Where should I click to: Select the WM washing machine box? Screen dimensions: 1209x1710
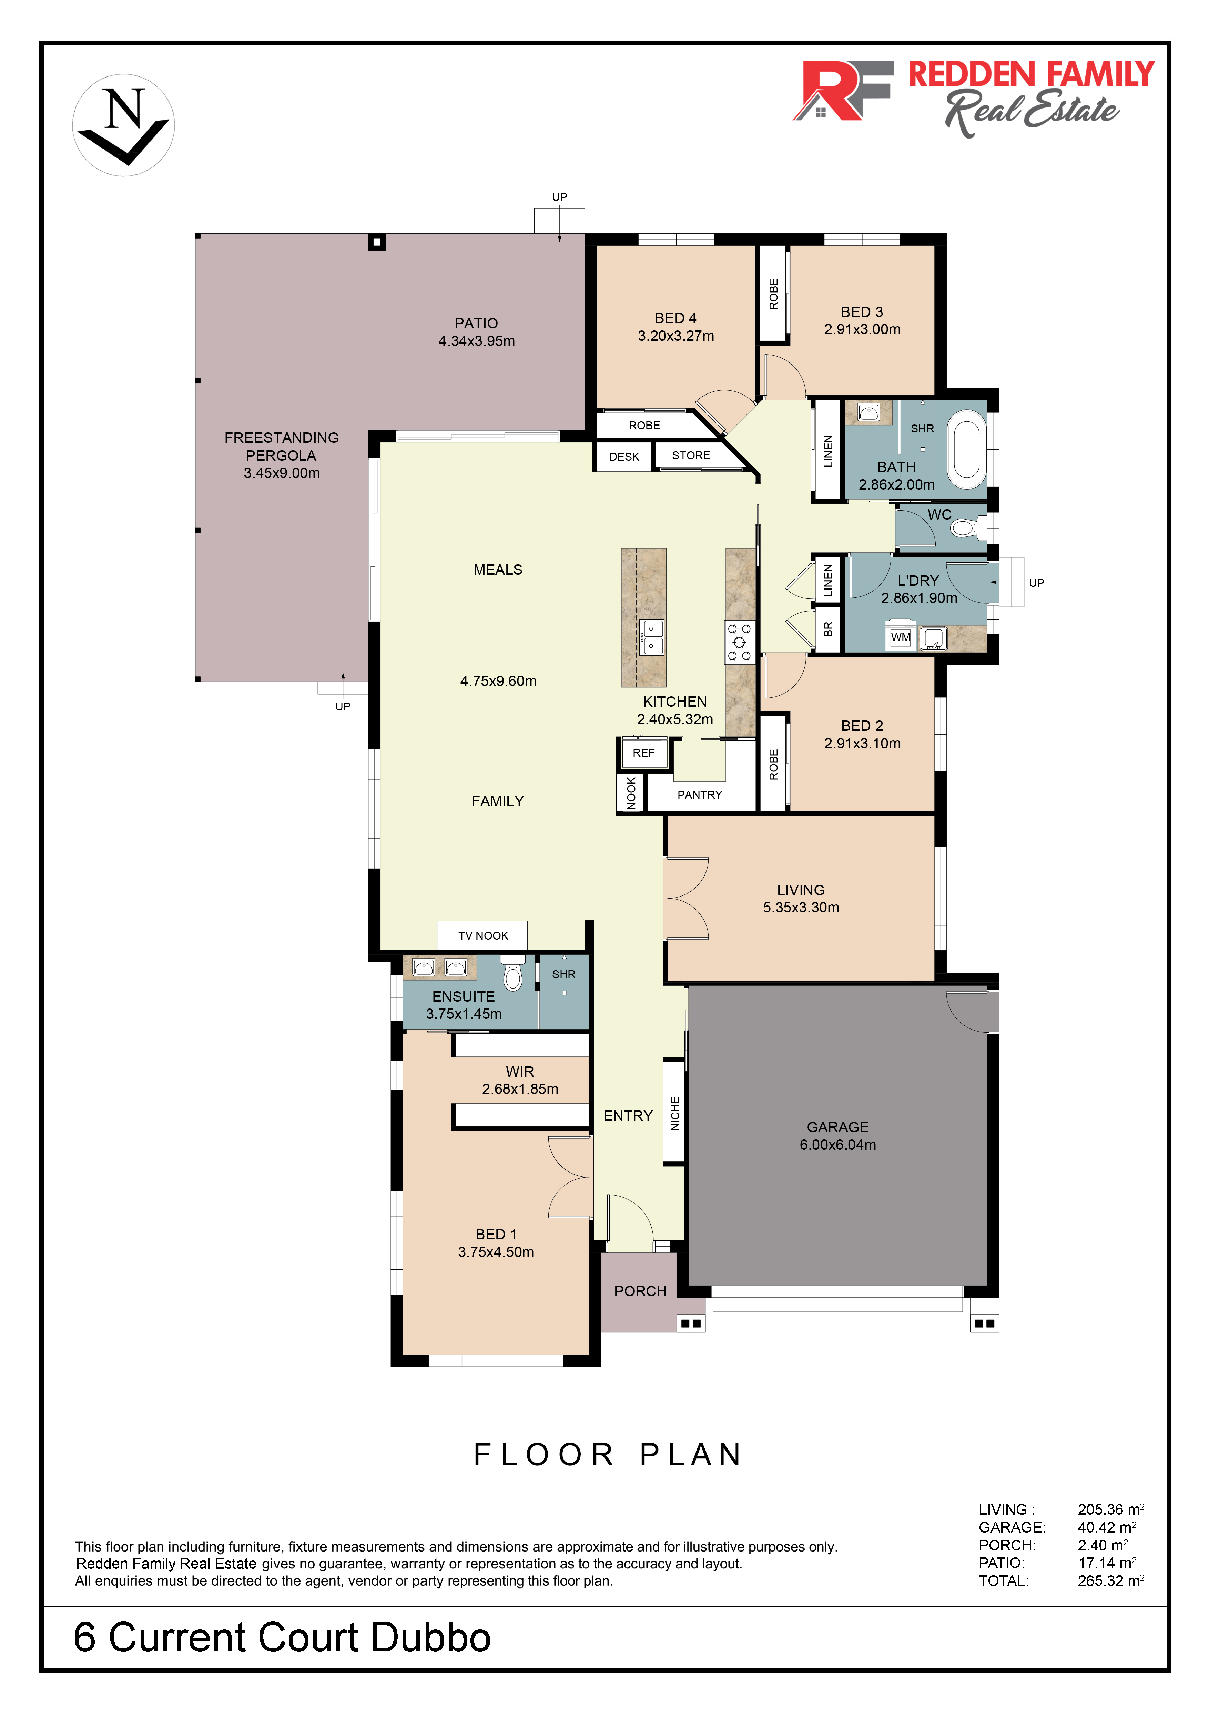click(901, 637)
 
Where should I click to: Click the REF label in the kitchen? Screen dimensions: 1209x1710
click(643, 753)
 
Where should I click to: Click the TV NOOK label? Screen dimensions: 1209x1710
click(483, 935)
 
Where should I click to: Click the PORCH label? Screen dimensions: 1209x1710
click(640, 1291)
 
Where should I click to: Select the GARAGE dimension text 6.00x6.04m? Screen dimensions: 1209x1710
click(837, 1145)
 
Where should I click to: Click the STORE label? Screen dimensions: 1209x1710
click(691, 455)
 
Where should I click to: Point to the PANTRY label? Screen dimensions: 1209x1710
click(700, 795)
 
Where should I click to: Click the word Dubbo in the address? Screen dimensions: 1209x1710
click(430, 1638)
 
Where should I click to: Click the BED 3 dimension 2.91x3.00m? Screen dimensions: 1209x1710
click(862, 329)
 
